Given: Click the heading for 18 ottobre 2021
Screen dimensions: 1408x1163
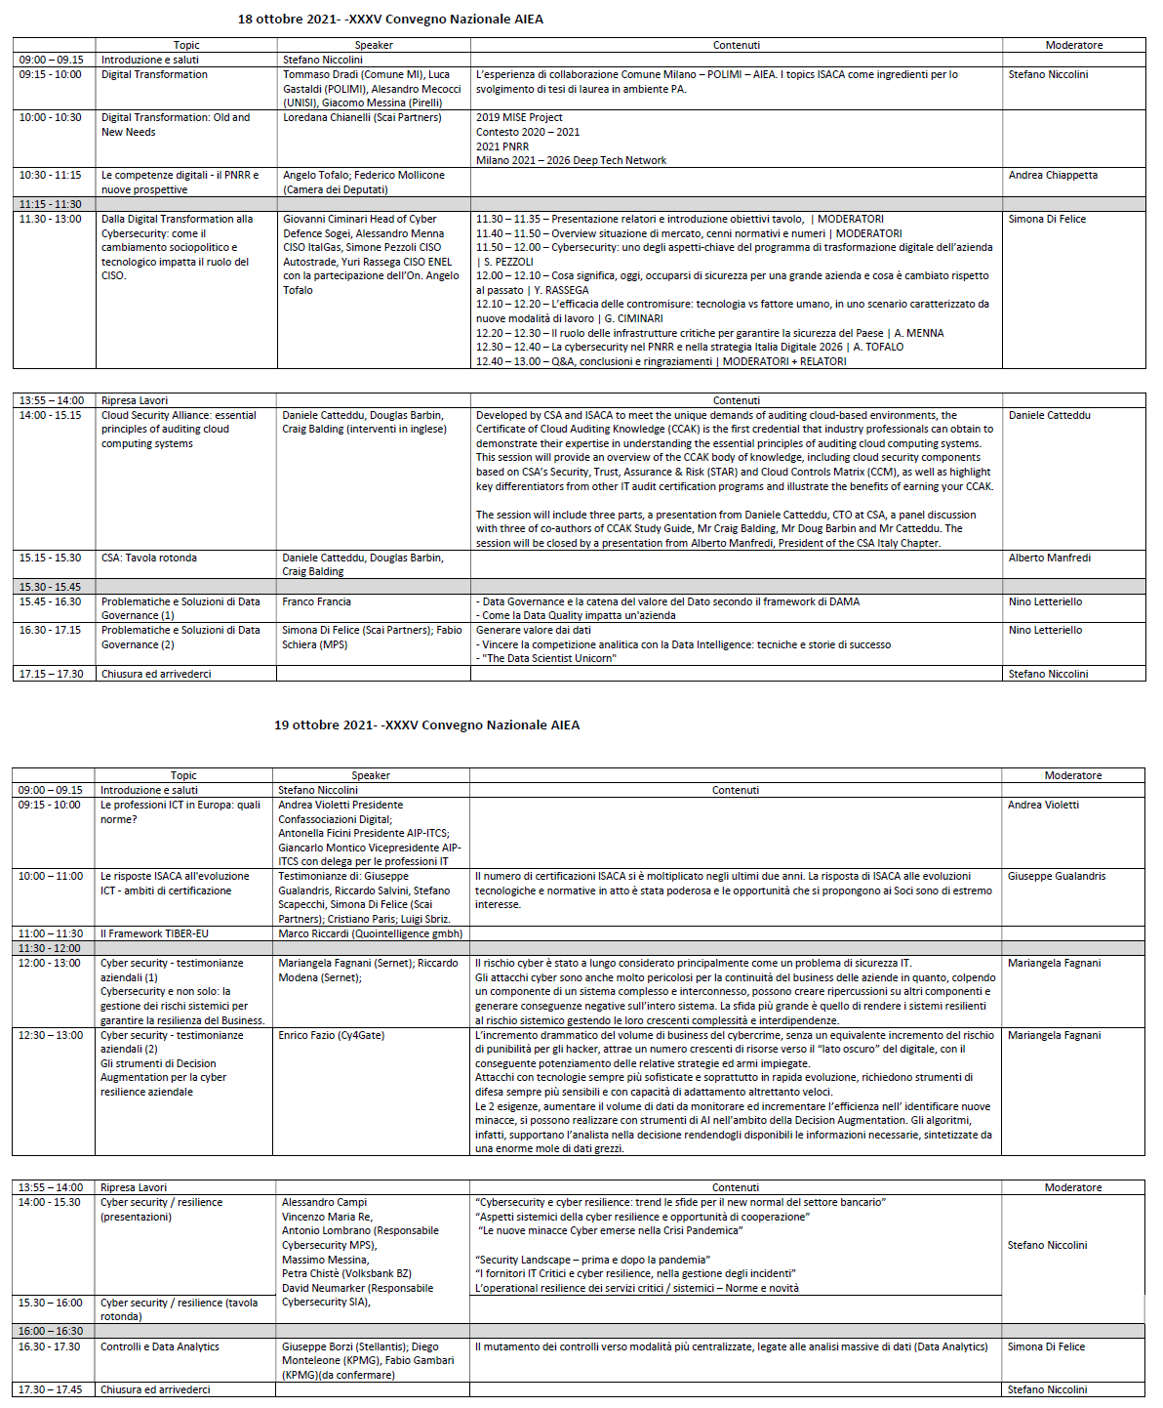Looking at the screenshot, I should pyautogui.click(x=390, y=20).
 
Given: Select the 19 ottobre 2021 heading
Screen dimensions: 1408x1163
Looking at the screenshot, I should pyautogui.click(x=426, y=725).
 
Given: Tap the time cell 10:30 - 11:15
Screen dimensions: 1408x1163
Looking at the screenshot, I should pyautogui.click(x=51, y=176).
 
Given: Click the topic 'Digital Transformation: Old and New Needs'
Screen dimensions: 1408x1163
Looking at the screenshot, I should pyautogui.click(x=176, y=125).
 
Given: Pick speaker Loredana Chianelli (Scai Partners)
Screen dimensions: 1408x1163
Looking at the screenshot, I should pyautogui.click(x=362, y=118).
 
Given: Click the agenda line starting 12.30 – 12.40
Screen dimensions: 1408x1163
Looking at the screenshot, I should pyautogui.click(x=689, y=348).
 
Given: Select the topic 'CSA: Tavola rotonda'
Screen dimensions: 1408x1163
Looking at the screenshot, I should pyautogui.click(x=149, y=559).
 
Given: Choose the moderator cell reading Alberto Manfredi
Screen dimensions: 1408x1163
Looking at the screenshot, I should pyautogui.click(x=1050, y=559).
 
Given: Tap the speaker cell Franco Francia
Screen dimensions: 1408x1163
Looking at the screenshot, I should pyautogui.click(x=317, y=602).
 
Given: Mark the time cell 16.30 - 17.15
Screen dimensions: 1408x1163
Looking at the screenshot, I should pyautogui.click(x=51, y=631).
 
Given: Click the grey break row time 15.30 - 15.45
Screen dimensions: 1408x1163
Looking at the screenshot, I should pyautogui.click(x=51, y=587).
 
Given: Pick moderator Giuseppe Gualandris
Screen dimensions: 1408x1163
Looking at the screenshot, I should pyautogui.click(x=1057, y=877).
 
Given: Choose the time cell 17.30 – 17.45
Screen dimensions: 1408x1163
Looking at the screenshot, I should pyautogui.click(x=51, y=1389).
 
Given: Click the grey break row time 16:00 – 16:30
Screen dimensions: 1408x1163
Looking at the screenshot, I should pyautogui.click(x=51, y=1332).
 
